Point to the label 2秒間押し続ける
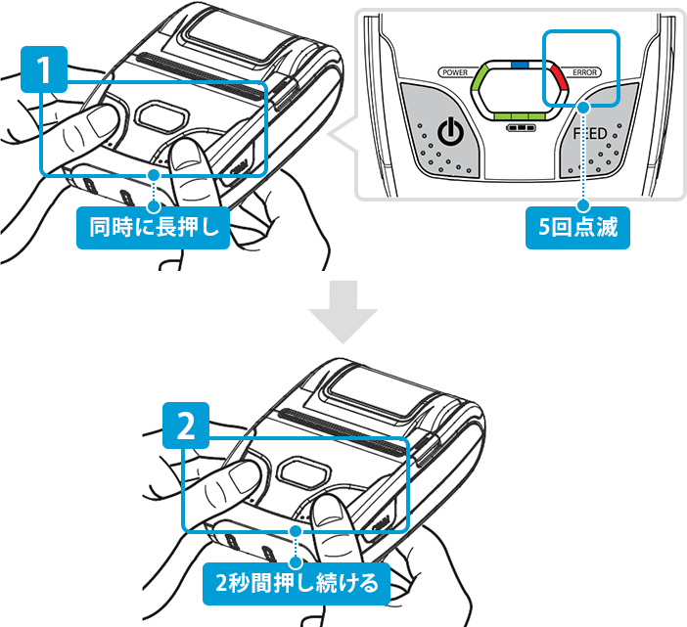pyautogui.click(x=297, y=585)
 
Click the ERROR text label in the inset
pyautogui.click(x=586, y=72)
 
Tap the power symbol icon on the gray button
pyautogui.click(x=449, y=133)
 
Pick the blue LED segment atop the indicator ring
pyautogui.click(x=520, y=64)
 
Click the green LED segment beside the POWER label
pyautogui.click(x=481, y=87)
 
